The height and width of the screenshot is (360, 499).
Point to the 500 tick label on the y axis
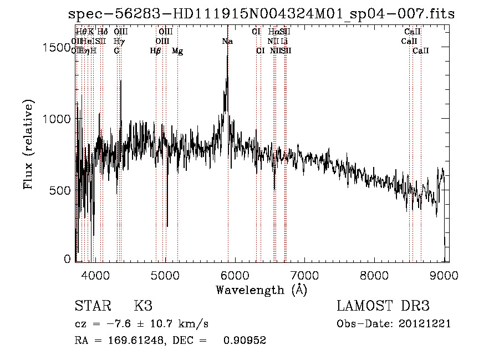[x=60, y=190]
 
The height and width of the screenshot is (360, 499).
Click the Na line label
[x=227, y=42]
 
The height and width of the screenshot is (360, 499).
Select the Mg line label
[x=177, y=51]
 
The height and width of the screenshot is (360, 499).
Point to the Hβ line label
[x=156, y=51]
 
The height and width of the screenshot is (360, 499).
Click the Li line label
[x=284, y=42]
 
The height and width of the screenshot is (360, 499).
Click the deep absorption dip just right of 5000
[x=167, y=225]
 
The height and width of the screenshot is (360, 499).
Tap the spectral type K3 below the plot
[x=143, y=306]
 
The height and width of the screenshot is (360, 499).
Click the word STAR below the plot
[x=93, y=306]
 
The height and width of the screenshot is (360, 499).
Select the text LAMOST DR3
[x=383, y=306]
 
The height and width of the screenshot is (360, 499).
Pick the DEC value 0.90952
[x=245, y=341]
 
